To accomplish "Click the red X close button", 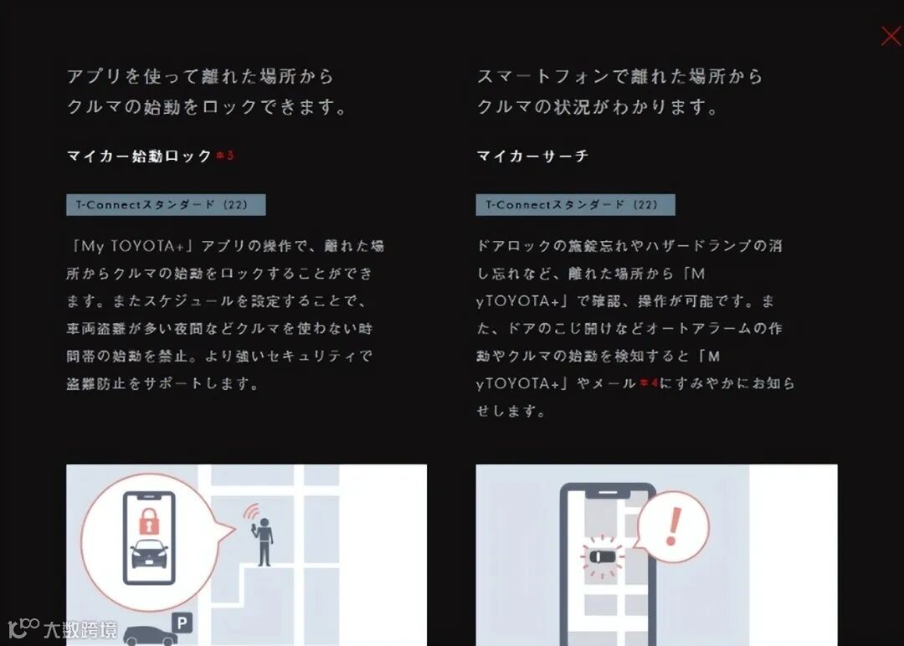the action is (x=892, y=36).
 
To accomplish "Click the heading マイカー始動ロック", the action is (x=140, y=156).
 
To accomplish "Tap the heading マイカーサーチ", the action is (x=532, y=156).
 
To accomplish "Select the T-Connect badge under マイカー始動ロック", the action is (x=166, y=204).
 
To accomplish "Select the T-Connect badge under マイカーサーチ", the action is (x=575, y=204).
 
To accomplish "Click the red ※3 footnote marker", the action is (x=225, y=155).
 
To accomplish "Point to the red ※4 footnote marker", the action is (x=649, y=382).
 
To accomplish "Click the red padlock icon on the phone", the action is (x=149, y=521).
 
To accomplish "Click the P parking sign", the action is (x=182, y=623).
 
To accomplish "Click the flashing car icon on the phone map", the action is (x=602, y=556).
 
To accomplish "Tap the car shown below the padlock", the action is (x=149, y=553).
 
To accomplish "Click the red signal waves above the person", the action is (x=251, y=511).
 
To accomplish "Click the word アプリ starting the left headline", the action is (x=94, y=76).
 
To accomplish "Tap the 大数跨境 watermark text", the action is (x=80, y=630).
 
